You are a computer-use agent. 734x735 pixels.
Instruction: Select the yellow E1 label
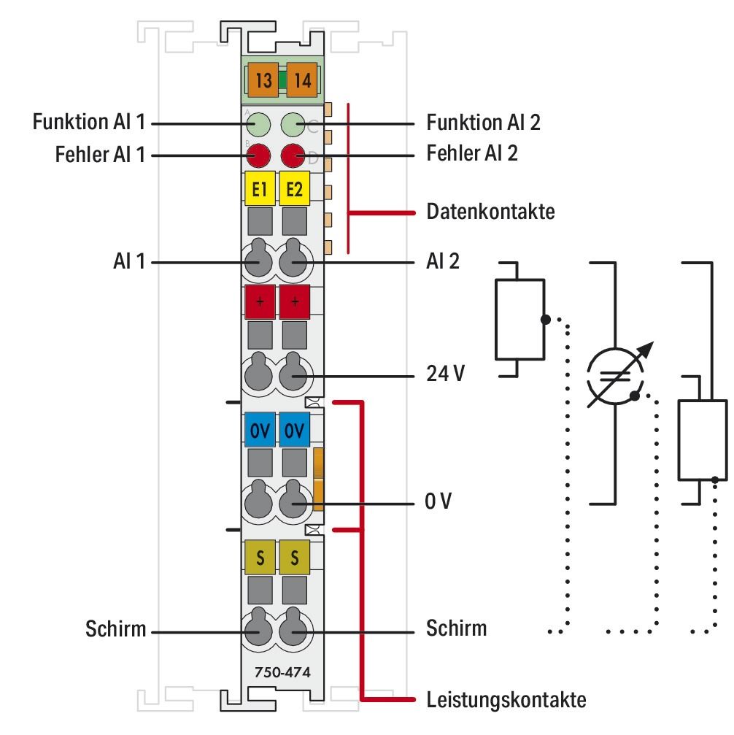tap(259, 191)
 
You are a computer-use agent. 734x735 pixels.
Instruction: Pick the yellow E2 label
tap(295, 191)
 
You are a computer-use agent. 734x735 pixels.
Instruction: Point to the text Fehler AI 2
tap(471, 155)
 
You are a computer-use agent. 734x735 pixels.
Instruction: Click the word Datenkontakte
tap(490, 213)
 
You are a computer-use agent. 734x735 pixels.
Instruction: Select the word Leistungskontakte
tap(506, 701)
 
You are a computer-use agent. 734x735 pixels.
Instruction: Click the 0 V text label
tap(439, 503)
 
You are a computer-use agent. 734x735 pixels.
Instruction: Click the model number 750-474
tap(278, 673)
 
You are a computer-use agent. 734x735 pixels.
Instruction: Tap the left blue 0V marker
tap(259, 430)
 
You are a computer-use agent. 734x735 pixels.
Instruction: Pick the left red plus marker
tap(259, 301)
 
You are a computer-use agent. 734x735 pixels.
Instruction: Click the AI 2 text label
tap(442, 261)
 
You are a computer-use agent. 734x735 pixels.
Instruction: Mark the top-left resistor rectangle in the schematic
tap(519, 319)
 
